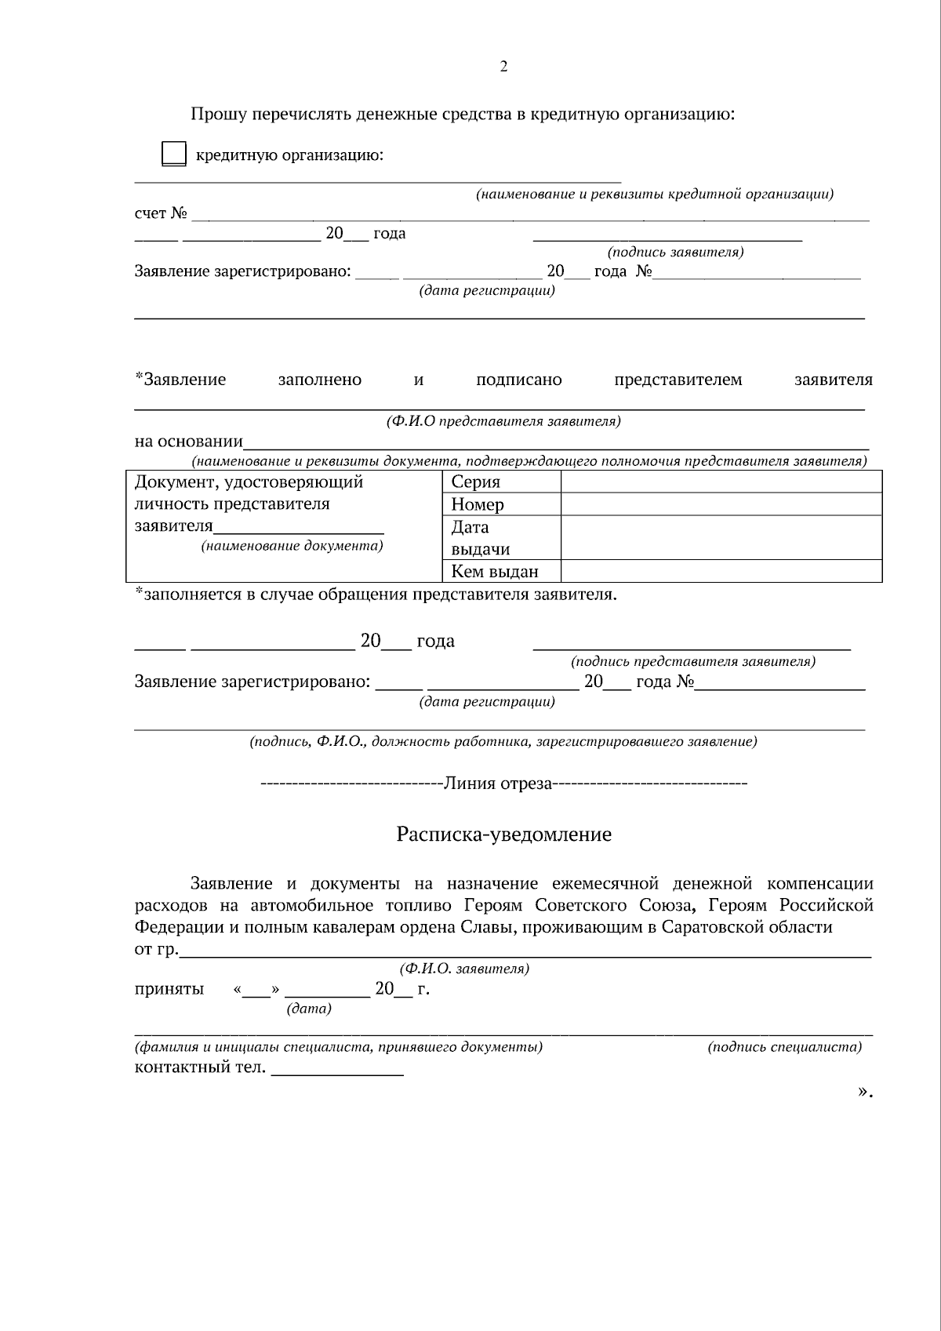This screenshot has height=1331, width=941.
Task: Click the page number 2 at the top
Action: pos(503,67)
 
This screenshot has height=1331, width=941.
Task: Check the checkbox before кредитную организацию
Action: pos(173,154)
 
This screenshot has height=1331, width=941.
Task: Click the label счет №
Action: pos(161,213)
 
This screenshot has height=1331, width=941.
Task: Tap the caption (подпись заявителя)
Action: pos(675,252)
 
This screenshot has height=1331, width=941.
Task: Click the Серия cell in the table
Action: pos(476,482)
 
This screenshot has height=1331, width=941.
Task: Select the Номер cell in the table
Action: pos(478,504)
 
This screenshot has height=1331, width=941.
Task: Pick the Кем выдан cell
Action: pos(495,572)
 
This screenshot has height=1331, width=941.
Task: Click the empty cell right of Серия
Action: pos(721,482)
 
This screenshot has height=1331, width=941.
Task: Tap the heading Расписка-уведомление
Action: pos(503,834)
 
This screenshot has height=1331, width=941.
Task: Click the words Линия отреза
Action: pos(499,783)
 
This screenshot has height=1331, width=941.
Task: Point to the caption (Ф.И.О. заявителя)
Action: pos(464,969)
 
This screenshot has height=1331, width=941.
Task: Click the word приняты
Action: pos(169,988)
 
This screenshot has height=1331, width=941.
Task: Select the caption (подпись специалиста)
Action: pos(784,1046)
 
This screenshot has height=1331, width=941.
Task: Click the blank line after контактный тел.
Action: pos(337,1068)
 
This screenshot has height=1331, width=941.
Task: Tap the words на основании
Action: pos(189,441)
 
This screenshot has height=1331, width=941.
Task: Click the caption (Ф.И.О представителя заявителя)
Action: pos(503,421)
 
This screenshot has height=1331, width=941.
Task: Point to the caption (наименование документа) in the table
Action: pos(292,545)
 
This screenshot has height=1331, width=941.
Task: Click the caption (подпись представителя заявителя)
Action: pos(693,661)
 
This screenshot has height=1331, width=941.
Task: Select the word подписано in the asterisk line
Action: pos(519,380)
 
